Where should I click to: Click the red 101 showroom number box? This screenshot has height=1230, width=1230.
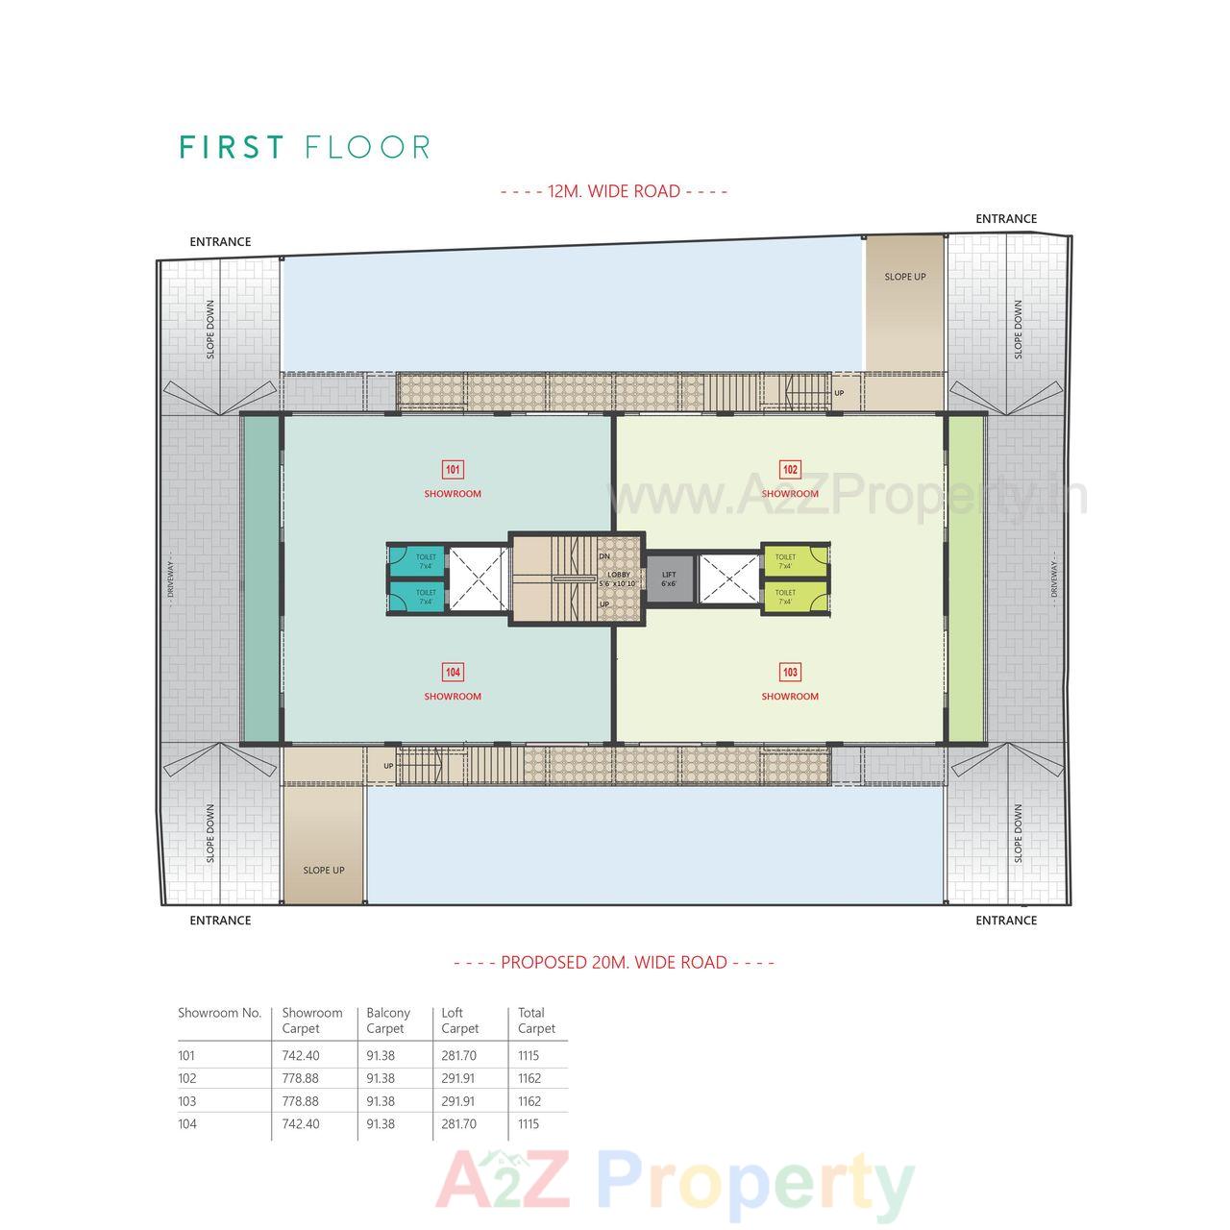click(453, 470)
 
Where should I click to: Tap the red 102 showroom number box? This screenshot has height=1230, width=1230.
click(790, 470)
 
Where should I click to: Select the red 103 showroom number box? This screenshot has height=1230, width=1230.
click(790, 673)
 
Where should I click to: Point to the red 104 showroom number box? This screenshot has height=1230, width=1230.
click(453, 673)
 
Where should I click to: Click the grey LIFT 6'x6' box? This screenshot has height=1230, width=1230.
click(669, 578)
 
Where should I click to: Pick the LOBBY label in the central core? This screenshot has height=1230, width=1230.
click(619, 575)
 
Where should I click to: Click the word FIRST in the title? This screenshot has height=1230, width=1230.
click(233, 148)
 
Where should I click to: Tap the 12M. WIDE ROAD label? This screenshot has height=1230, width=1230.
click(614, 191)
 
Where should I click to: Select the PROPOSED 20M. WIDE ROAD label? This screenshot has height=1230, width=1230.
click(614, 962)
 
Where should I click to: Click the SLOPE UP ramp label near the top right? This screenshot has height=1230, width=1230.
click(905, 277)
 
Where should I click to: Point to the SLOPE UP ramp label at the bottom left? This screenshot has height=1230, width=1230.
click(324, 871)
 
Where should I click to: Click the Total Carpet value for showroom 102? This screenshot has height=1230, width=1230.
click(529, 1078)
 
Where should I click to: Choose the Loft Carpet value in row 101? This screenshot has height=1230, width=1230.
click(459, 1055)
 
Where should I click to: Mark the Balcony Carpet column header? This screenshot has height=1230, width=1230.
click(388, 1021)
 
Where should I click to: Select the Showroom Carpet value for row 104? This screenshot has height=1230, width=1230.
click(301, 1123)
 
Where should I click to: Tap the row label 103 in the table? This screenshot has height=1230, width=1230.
click(186, 1101)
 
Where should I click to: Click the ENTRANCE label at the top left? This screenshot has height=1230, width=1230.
click(220, 242)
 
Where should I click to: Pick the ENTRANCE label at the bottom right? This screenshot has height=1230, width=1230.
click(1006, 921)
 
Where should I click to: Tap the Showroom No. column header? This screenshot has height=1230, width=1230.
click(220, 1013)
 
